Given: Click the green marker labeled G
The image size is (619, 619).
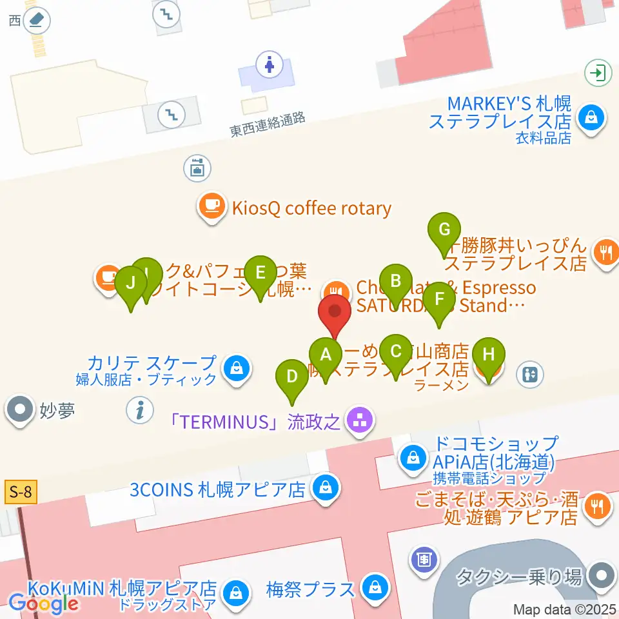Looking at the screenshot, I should click(x=444, y=230).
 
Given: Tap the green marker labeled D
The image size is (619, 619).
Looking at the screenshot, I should click(x=291, y=377).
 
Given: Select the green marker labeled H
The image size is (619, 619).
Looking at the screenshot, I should click(x=489, y=355).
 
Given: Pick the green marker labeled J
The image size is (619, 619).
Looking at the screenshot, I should click(x=131, y=283).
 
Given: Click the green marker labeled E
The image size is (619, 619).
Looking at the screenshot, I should click(x=260, y=273).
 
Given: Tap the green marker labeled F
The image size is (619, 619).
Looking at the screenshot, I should click(x=440, y=299).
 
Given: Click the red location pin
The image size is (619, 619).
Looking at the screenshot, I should click(x=335, y=311).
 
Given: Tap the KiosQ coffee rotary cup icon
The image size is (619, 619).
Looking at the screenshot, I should click(x=211, y=206).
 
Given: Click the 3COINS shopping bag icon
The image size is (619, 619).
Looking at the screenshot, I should click(x=326, y=488).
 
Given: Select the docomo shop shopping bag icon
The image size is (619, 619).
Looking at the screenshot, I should click(x=411, y=458).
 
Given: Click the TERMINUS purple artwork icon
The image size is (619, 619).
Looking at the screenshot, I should click(x=360, y=422).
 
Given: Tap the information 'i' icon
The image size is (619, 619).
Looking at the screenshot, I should click(x=140, y=409).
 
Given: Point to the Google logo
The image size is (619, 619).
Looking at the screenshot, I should click(x=44, y=604).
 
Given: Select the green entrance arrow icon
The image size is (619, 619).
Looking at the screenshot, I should click(x=598, y=72).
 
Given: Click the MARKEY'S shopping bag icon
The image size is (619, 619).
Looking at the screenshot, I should click(x=590, y=117).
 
